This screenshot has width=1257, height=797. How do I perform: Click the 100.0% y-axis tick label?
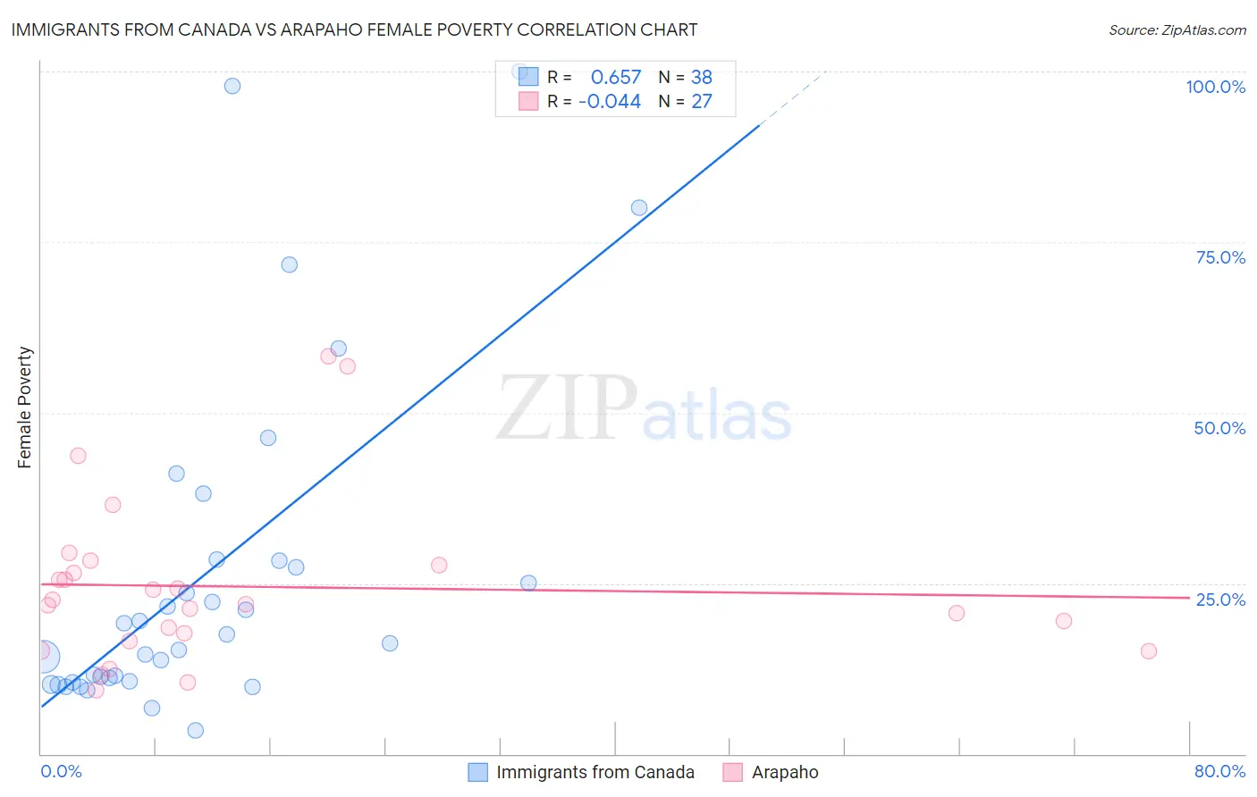click(1215, 87)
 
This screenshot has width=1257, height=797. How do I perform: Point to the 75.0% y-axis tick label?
click(1220, 257)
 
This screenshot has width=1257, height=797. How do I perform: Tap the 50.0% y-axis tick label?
click(1219, 428)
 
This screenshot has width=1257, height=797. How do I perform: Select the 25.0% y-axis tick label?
click(1220, 600)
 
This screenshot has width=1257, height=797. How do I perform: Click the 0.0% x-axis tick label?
click(61, 771)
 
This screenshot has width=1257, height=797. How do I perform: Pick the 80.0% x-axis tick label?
click(1219, 771)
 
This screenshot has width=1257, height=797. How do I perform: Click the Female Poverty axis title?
click(24, 407)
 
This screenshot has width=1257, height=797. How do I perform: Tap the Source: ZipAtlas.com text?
click(1177, 29)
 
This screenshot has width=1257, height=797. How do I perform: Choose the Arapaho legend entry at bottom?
click(784, 772)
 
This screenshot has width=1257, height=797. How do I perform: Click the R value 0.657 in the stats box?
click(615, 78)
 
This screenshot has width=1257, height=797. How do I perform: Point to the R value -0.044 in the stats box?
click(610, 102)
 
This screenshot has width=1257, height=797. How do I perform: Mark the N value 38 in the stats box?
click(701, 78)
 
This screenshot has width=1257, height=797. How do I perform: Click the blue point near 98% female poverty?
click(232, 86)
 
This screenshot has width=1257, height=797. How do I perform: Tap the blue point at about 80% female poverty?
click(639, 208)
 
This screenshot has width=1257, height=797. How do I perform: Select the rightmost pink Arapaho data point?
click(1149, 651)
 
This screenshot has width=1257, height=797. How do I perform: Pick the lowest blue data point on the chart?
click(196, 731)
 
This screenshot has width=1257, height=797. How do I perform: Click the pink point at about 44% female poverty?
click(78, 456)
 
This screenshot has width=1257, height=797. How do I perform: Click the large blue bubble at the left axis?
click(44, 657)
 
